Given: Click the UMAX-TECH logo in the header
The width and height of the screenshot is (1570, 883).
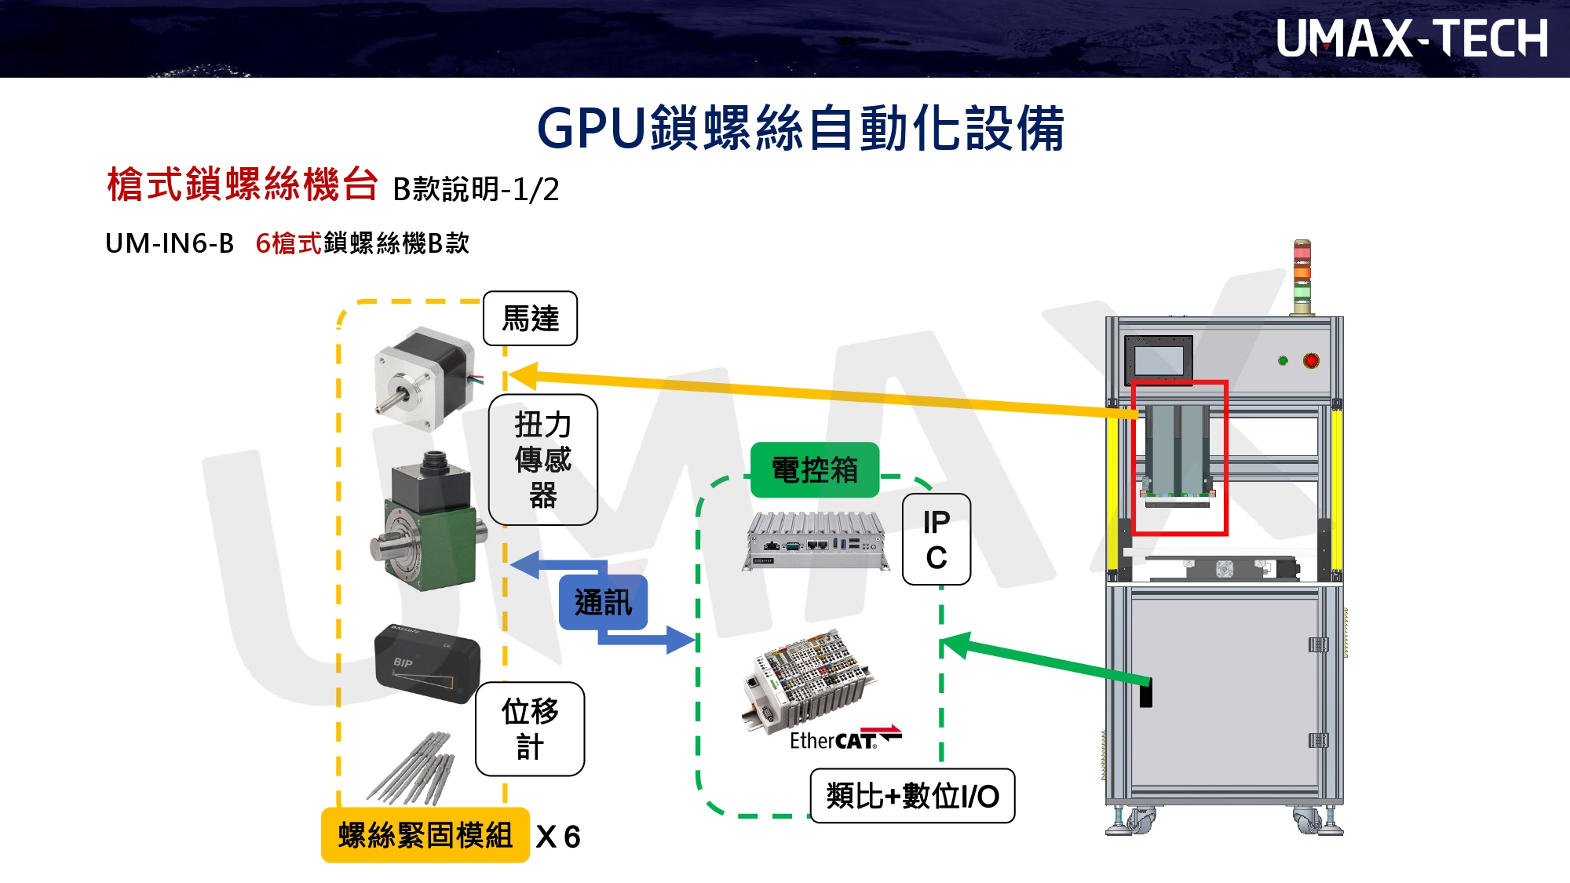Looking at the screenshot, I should (1411, 38).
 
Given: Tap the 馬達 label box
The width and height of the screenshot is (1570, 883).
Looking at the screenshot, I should (530, 319).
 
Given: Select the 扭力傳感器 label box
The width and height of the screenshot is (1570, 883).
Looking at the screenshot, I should (542, 460).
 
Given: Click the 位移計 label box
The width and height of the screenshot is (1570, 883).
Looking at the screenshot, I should (530, 729).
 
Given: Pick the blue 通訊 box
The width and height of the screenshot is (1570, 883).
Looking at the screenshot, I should (603, 602).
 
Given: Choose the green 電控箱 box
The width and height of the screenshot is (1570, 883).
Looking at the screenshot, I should (814, 470).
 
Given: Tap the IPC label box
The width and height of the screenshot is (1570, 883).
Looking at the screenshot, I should (936, 539).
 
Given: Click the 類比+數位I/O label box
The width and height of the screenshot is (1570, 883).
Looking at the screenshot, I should (912, 796).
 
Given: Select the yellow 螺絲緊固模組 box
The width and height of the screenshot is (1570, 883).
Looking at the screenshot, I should (425, 835).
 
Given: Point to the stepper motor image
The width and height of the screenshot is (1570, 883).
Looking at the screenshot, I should (425, 378).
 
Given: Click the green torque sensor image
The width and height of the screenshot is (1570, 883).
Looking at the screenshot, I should (428, 522).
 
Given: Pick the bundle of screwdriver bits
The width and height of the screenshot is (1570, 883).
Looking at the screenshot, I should (412, 769).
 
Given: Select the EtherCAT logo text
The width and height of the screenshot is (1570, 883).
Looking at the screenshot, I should (844, 740).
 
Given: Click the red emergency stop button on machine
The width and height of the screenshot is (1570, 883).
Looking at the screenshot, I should (1311, 361).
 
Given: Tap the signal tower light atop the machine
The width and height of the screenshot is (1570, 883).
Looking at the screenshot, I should (1302, 275).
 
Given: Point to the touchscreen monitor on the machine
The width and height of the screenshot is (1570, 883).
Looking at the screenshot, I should (1158, 359).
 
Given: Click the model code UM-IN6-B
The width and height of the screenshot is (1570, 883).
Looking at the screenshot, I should (170, 243).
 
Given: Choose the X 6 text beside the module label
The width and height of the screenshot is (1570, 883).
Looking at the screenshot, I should (558, 837).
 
